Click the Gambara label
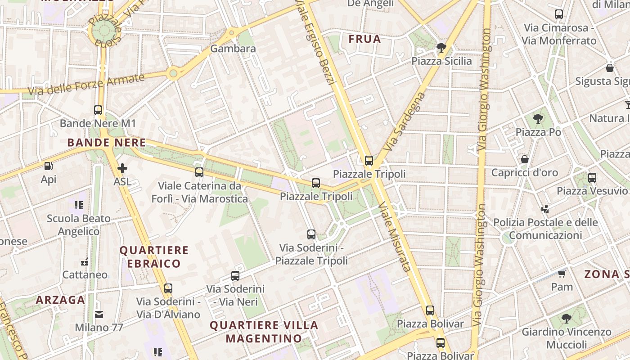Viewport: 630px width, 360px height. [x=233, y=49]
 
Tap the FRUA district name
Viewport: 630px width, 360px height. [x=364, y=39]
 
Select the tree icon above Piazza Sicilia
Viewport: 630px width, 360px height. [x=441, y=48]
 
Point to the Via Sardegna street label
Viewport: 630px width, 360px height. [x=405, y=121]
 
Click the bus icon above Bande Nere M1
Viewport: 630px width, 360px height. [x=98, y=110]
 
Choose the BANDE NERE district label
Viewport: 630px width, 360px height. [x=107, y=143]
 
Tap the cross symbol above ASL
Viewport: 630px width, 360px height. [x=122, y=169]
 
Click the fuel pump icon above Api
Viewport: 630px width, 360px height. [x=48, y=166]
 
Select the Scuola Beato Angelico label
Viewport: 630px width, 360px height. [x=79, y=225]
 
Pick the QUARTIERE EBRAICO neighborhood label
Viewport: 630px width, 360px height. [x=154, y=257]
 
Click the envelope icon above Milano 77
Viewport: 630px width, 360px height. [x=99, y=314]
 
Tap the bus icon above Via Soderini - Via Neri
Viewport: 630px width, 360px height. [x=235, y=276]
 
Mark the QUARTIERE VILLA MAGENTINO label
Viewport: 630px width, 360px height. [x=264, y=332]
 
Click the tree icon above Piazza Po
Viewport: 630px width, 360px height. [x=538, y=119]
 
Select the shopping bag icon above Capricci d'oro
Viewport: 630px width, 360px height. [x=524, y=159]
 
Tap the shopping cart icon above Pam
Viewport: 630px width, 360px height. [x=562, y=274]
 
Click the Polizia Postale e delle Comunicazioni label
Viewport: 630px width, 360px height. [x=545, y=229]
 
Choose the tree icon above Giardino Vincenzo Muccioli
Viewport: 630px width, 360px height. [x=566, y=319]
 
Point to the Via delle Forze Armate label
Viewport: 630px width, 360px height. [x=88, y=84]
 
